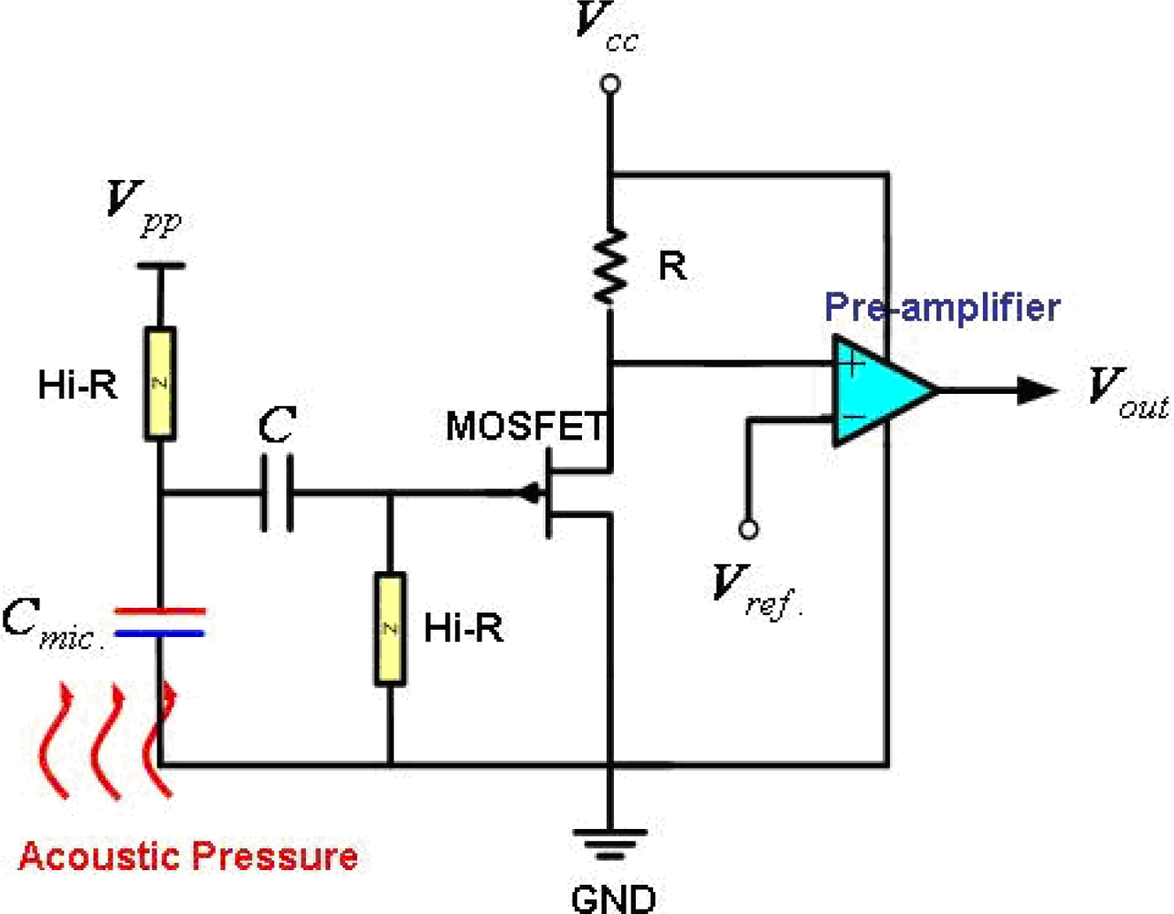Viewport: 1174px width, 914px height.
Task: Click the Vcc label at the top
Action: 606,27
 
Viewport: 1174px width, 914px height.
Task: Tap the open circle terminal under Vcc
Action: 610,85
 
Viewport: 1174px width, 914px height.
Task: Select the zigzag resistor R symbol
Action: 610,266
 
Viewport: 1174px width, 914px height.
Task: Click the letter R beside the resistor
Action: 672,266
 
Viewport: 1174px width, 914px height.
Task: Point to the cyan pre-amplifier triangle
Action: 877,390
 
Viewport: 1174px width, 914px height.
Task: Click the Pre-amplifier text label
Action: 942,307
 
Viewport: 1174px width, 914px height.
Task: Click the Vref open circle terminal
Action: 748,529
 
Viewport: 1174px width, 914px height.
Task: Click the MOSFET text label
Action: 525,426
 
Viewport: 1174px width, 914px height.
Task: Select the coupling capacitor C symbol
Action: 277,494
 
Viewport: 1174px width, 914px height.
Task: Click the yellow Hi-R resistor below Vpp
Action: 160,384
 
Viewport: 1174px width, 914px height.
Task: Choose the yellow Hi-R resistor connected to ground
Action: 390,629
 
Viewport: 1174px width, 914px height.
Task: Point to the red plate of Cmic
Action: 160,611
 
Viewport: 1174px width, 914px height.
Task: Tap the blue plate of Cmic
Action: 160,632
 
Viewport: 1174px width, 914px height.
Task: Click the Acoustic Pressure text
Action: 188,856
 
